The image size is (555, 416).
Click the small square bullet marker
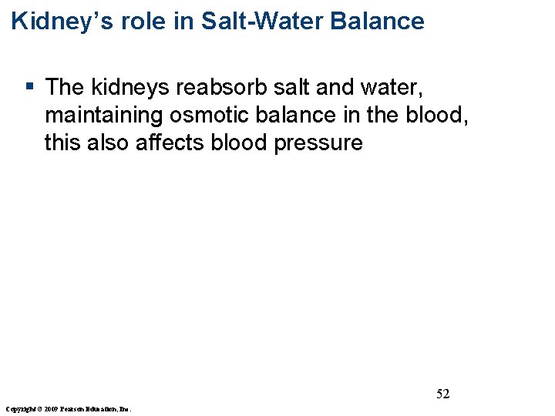(x=29, y=86)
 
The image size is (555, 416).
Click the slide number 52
(x=443, y=394)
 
